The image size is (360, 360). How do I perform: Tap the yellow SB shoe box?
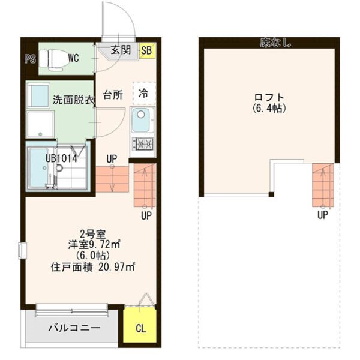click(147, 50)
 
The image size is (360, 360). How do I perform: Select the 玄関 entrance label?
click(121, 50)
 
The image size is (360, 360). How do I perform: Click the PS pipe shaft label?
click(31, 59)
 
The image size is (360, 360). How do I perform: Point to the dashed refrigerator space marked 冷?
click(144, 93)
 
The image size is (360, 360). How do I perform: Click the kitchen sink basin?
click(140, 120)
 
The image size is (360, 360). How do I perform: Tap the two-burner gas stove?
click(143, 144)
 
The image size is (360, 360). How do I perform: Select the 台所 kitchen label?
click(113, 95)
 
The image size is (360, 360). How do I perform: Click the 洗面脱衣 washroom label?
click(74, 100)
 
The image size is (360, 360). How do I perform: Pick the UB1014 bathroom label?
click(61, 158)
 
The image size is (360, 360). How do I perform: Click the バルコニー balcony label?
click(74, 328)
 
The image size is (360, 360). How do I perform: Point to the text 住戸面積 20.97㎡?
click(93, 267)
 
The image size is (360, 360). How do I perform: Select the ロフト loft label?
click(269, 98)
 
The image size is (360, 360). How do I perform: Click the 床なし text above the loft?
click(275, 43)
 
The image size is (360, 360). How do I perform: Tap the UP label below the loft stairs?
click(323, 215)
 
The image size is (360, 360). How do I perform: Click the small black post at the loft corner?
click(271, 194)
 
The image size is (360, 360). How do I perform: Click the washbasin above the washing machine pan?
click(38, 95)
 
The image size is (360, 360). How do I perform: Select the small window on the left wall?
click(22, 251)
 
